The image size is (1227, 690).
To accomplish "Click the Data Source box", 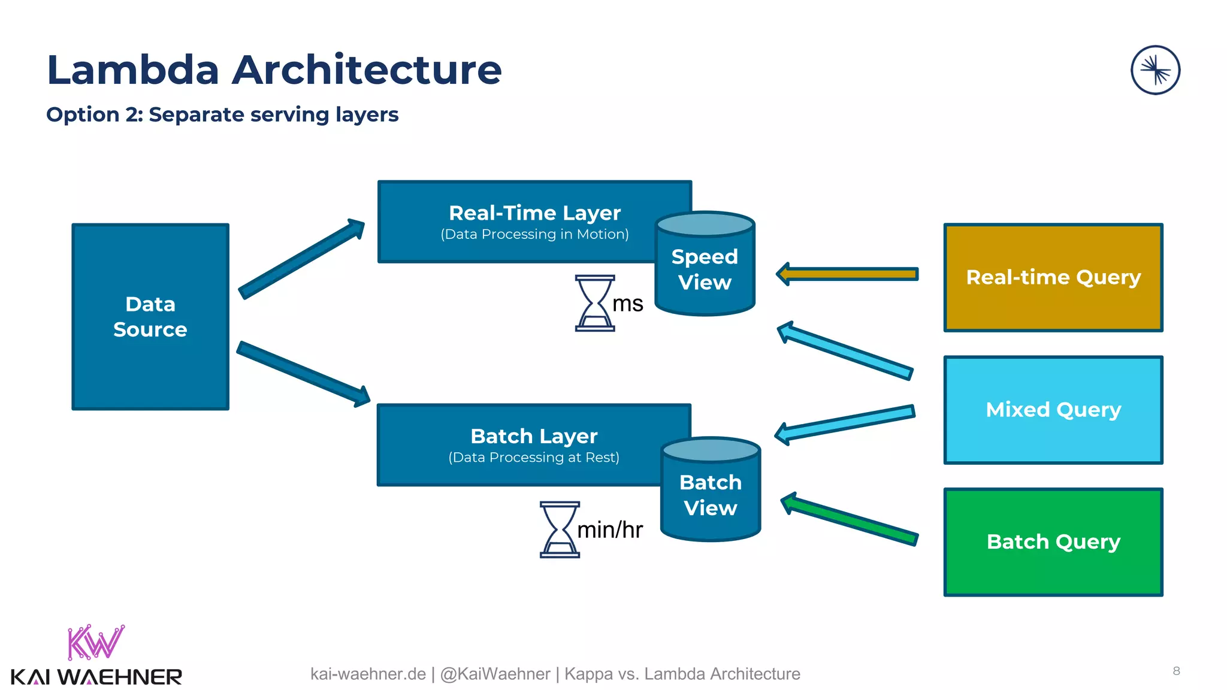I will pyautogui.click(x=150, y=317).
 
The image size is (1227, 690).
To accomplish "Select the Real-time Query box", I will pyautogui.click(x=1053, y=277).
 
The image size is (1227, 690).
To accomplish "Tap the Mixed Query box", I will pyautogui.click(x=1053, y=410).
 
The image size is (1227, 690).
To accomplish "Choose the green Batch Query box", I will pyautogui.click(x=1053, y=542).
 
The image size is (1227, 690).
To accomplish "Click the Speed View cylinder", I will pyautogui.click(x=705, y=270).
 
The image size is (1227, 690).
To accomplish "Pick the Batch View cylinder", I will pyautogui.click(x=711, y=495).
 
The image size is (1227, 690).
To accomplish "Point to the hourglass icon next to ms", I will pyautogui.click(x=595, y=303).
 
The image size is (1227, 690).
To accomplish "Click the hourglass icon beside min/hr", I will pyautogui.click(x=560, y=529).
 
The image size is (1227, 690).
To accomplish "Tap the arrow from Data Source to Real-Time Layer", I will pyautogui.click(x=302, y=258).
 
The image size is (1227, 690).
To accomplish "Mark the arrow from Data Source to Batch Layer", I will pyautogui.click(x=303, y=374).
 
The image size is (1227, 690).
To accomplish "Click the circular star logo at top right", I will pyautogui.click(x=1155, y=70).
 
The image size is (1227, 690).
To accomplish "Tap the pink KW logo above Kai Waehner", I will pyautogui.click(x=96, y=642).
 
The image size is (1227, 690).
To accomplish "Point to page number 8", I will pyautogui.click(x=1176, y=671).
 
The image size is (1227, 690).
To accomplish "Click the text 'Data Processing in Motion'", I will pyautogui.click(x=534, y=234).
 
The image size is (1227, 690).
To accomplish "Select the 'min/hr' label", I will pyautogui.click(x=609, y=530).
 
